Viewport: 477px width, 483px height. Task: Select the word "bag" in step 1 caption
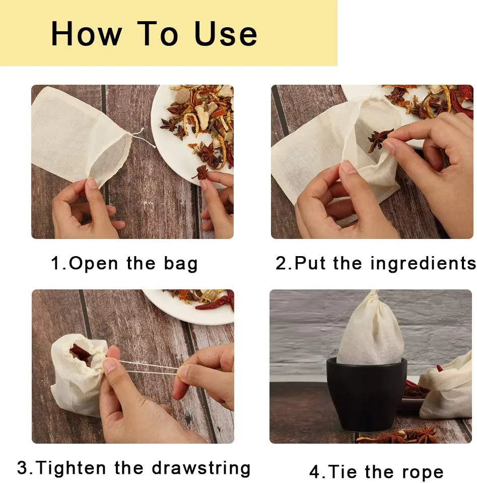pos(180,264)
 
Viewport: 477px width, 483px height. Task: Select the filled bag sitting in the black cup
pos(370,328)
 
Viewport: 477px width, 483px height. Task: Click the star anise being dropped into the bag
pos(380,139)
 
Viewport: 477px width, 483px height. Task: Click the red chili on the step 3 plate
pos(214,303)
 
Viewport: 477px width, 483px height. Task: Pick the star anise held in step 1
pos(201,173)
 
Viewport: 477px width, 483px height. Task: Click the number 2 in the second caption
pos(281,263)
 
